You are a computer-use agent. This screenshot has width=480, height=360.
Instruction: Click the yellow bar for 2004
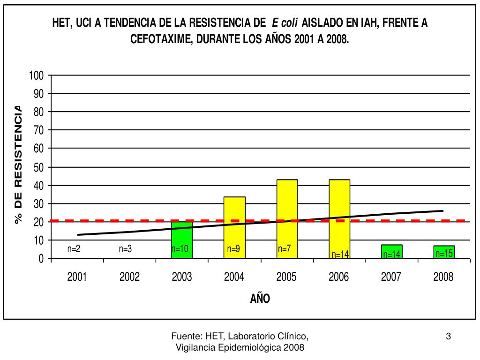(234, 227)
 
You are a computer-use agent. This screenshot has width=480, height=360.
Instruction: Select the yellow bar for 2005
(287, 218)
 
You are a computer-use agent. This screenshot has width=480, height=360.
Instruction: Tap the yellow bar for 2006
(339, 218)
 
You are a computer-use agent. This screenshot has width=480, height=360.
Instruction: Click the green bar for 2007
(391, 251)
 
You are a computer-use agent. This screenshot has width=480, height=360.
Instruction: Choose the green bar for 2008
(444, 252)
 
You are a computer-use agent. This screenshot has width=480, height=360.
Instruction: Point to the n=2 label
(74, 249)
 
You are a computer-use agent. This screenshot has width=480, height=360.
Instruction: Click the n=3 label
(125, 249)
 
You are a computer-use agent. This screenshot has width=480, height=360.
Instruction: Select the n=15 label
(443, 254)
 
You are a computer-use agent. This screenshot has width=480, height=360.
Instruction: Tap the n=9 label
(233, 249)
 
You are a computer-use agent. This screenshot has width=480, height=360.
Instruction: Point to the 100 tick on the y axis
(37, 75)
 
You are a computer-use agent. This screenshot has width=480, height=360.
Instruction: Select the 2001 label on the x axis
(77, 277)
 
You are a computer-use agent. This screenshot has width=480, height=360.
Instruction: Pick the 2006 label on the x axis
(339, 277)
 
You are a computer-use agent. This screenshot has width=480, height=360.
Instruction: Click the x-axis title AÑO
(260, 298)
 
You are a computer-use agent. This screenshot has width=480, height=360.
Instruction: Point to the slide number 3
(448, 336)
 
